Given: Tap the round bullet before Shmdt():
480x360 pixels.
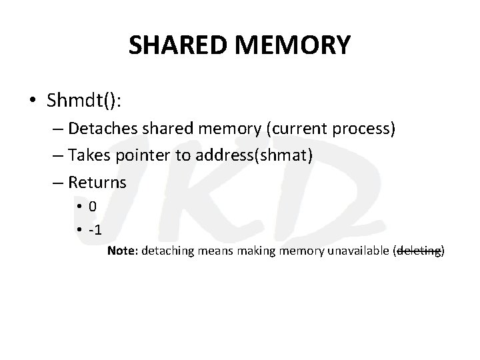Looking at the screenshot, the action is click(32, 101).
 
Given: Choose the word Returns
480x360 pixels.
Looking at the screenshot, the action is click(98, 183).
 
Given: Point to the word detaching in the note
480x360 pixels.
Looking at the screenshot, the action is click(165, 251).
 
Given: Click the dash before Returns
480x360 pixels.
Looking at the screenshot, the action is click(59, 183).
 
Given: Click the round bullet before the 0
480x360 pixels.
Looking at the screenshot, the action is click(79, 207).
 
